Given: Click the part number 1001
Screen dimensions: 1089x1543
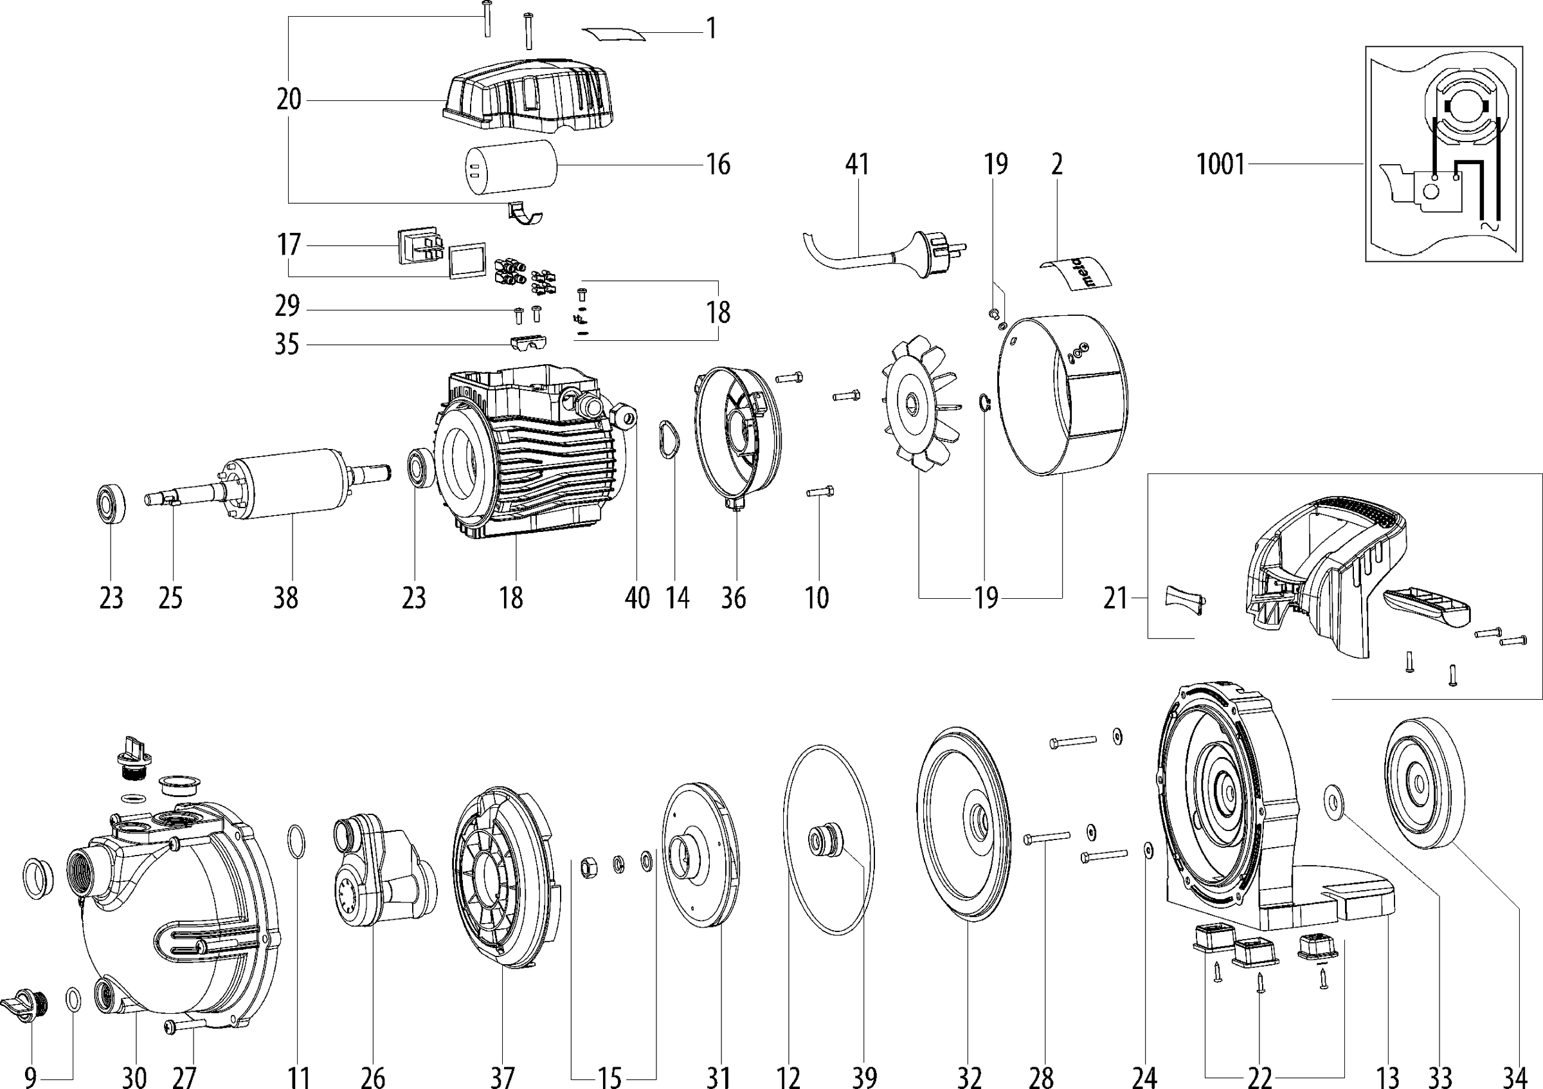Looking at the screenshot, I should [x=1220, y=165].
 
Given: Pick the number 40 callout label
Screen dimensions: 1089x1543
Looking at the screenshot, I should [x=637, y=597].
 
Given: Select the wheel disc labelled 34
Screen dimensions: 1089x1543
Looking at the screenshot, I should [x=1424, y=783].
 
